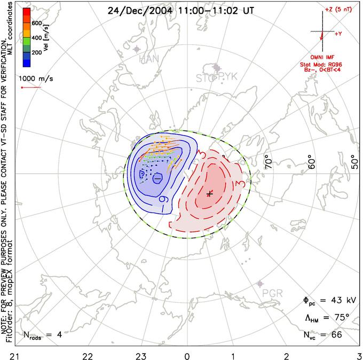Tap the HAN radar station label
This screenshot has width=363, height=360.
(149, 59)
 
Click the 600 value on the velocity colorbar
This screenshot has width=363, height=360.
(36, 23)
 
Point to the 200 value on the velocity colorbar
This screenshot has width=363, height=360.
(36, 53)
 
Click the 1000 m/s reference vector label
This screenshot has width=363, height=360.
(35, 78)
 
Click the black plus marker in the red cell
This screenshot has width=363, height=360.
(210, 193)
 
